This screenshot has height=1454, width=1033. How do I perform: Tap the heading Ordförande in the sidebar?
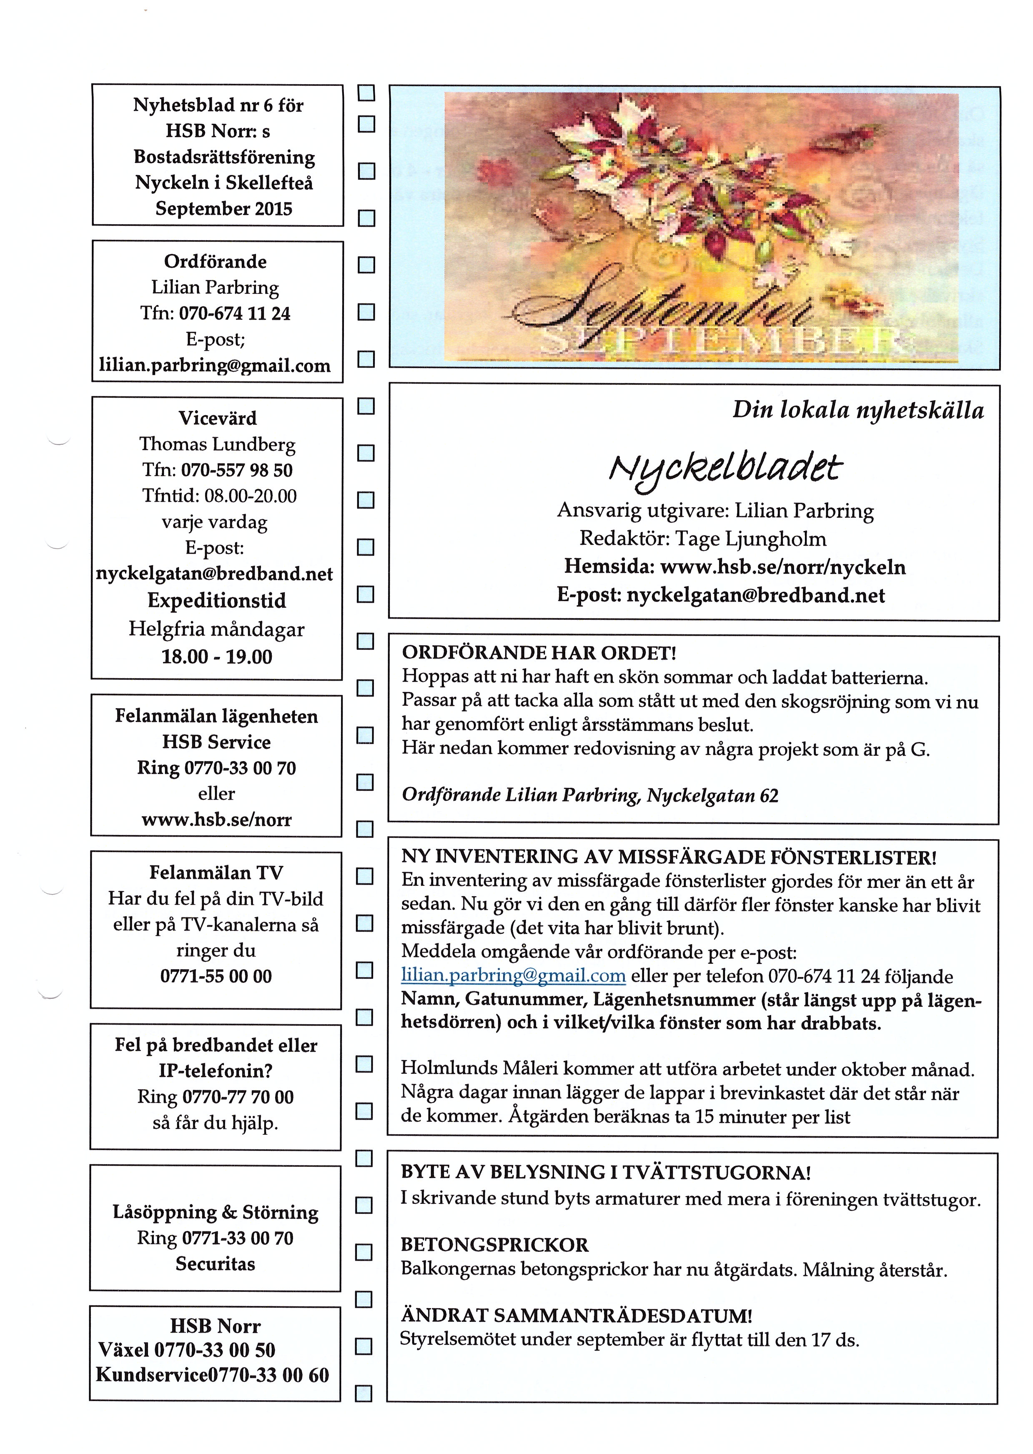coord(216,261)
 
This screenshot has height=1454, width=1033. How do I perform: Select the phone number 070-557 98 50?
coord(237,470)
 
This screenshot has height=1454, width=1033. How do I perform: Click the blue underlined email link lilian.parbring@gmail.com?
coord(513,976)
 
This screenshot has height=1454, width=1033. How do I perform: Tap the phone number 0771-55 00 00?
coord(216,976)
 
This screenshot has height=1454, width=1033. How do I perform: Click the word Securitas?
coord(216,1264)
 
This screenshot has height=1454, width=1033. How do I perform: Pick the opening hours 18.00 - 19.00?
coord(217,657)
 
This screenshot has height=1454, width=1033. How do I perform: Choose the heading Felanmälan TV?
coord(216,872)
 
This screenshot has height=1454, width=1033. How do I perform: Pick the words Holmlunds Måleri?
coord(461,1069)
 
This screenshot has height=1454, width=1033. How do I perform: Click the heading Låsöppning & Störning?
coord(216,1212)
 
